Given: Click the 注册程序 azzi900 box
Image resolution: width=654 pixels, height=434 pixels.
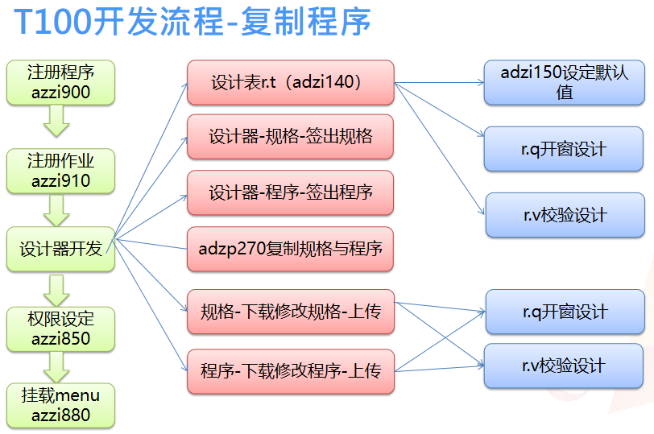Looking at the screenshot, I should (60, 82).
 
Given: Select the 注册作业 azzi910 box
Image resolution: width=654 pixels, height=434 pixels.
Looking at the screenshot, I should (60, 170).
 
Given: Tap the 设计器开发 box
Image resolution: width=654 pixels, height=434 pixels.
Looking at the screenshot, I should (60, 249).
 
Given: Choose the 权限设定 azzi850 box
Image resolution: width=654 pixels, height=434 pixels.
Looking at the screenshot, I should (60, 329).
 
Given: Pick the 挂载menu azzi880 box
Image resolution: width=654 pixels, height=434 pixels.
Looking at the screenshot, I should (60, 405).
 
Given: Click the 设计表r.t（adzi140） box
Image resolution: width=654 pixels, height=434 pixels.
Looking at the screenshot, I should (290, 82).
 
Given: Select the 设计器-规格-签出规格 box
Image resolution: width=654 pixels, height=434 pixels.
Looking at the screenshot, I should (290, 137).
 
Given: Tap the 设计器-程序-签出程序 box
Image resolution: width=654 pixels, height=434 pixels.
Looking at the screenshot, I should (290, 193).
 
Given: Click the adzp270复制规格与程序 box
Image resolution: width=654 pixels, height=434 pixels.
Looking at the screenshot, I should (290, 249).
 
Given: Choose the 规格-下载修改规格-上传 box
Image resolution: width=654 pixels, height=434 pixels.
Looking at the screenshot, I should (290, 311).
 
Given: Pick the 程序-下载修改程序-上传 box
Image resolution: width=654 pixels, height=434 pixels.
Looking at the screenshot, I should (290, 371).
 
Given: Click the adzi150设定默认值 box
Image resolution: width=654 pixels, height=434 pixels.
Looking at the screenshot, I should (565, 82).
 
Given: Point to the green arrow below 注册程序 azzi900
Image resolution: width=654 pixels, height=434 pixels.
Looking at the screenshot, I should (57, 121).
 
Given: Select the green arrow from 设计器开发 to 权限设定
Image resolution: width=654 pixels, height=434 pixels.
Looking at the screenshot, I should (57, 288).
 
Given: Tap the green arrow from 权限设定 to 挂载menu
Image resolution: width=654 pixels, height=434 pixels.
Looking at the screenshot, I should (57, 367).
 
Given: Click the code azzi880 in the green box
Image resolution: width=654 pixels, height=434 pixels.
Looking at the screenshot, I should (61, 415).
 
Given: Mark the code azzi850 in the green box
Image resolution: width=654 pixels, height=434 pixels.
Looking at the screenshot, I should (61, 338).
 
